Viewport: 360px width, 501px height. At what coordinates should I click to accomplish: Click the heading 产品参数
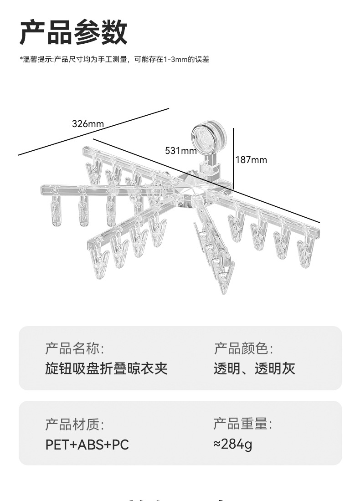pos(73,33)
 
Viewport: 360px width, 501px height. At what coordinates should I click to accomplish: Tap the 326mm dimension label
pos(88,124)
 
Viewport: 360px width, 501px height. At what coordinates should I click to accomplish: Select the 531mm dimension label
pos(181,151)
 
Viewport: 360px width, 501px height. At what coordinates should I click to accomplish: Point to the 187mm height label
pos(251,160)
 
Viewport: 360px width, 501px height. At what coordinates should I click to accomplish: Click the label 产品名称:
pos(74,349)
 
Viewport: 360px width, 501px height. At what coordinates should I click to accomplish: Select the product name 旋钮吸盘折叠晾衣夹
pos(106,368)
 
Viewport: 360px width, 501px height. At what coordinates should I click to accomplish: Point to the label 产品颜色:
pos(243,349)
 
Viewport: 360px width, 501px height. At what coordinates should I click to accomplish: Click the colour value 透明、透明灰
pos(254,368)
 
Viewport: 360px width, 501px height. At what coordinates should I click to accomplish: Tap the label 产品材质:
pos(74,424)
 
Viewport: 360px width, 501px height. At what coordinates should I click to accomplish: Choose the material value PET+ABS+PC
pos(87,445)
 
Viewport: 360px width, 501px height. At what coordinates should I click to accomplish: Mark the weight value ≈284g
pos(232,444)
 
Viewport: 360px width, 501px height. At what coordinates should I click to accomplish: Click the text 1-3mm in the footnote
pos(176,59)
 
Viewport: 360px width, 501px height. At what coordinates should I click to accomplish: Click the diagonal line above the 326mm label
pos(93,132)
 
